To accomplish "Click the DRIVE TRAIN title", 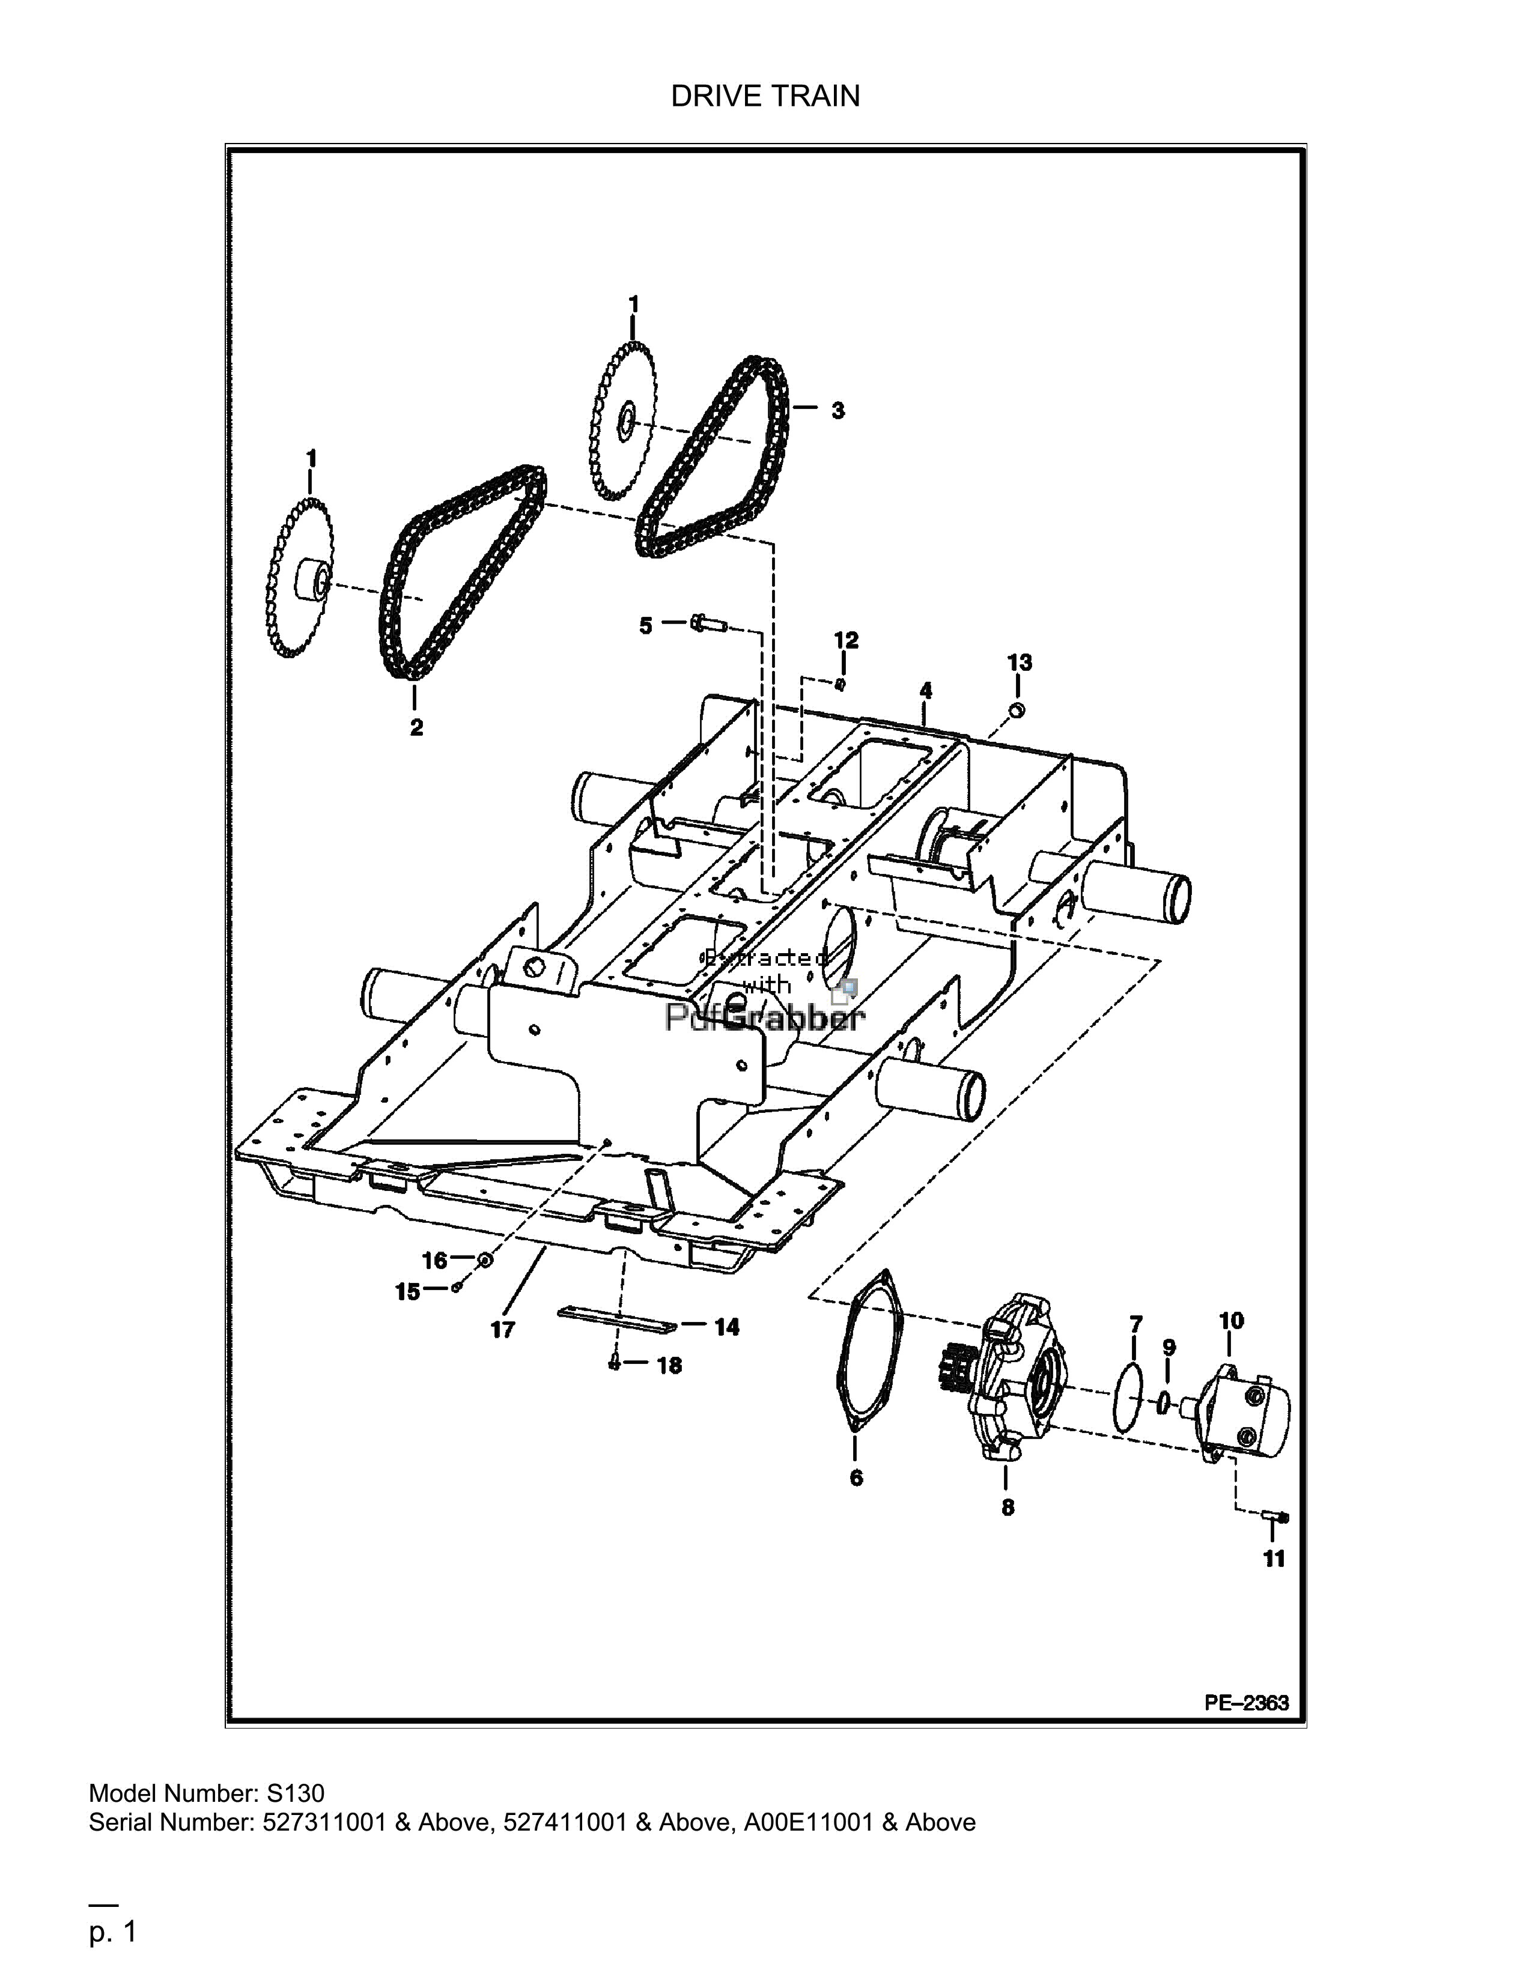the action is pos(765,96).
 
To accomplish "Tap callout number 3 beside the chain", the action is pos(837,411).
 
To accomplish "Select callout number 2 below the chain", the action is pos(416,728).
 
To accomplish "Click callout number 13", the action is pos(1019,662).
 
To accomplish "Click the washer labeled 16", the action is pos(485,1261).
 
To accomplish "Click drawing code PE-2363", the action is pos(1246,1703).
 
